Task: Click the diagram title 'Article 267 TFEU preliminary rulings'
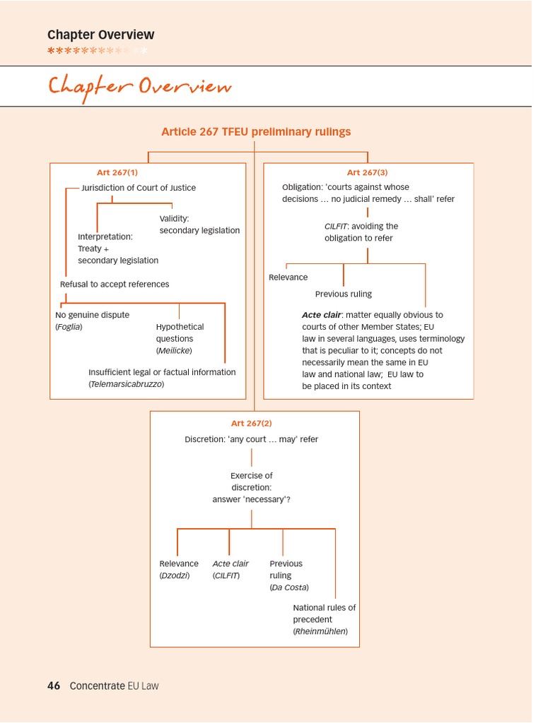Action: (x=256, y=132)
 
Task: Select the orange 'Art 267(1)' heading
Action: (x=117, y=172)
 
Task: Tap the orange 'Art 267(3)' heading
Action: (x=367, y=172)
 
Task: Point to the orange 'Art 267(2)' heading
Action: (x=251, y=423)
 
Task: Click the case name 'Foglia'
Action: (x=69, y=327)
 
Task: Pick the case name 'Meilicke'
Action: (x=173, y=350)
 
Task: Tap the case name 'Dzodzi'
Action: (x=174, y=575)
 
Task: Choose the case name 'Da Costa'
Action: (x=289, y=587)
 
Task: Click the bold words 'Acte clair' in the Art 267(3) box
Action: (x=322, y=315)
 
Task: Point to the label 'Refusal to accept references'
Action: (x=115, y=284)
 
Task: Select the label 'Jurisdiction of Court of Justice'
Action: (x=139, y=188)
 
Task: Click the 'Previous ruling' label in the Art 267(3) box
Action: (x=343, y=294)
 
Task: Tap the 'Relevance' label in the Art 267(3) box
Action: (x=288, y=277)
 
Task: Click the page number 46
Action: (x=54, y=685)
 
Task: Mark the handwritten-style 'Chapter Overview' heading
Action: (x=139, y=87)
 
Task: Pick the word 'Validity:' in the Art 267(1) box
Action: (x=174, y=218)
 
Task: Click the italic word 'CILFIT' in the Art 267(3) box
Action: (x=336, y=226)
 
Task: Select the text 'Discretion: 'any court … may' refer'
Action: (x=251, y=439)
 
